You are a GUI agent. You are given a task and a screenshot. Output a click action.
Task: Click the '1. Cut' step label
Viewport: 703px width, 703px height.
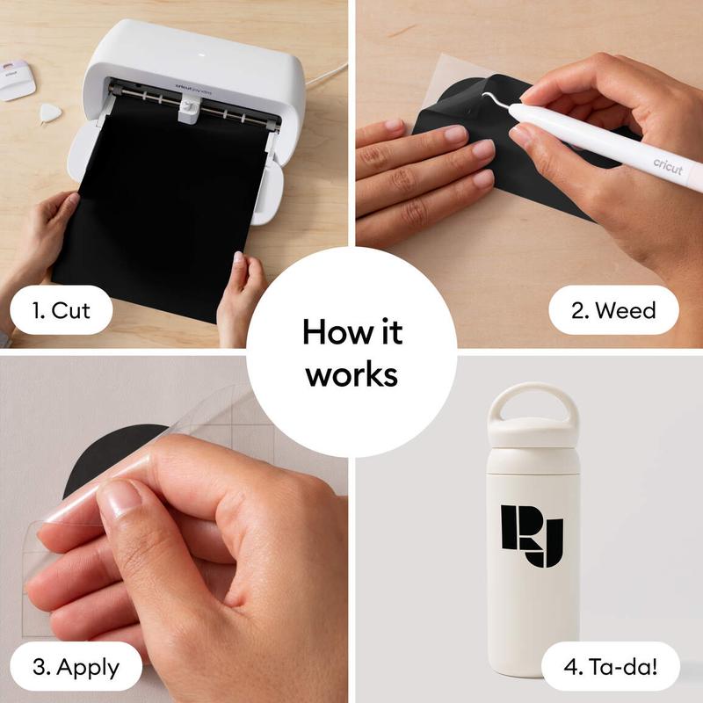[x=61, y=309]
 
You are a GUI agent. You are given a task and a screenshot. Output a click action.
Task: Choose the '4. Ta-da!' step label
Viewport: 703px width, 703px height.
[x=612, y=665]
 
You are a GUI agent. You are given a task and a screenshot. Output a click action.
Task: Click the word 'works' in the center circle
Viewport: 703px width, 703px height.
[x=351, y=374]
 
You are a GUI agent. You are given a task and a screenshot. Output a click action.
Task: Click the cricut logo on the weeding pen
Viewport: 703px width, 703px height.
[x=667, y=164]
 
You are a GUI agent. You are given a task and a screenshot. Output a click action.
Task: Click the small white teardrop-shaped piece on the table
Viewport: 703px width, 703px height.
[x=50, y=112]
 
